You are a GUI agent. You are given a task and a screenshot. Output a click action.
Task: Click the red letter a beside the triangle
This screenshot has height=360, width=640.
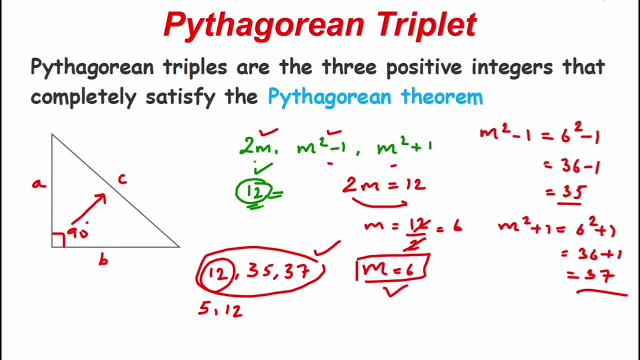38,184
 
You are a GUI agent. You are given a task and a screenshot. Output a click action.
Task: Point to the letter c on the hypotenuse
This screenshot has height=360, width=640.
122,178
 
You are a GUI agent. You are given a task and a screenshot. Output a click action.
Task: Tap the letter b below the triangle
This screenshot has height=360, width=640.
103,259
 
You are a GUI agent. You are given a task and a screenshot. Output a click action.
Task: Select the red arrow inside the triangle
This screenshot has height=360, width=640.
89,209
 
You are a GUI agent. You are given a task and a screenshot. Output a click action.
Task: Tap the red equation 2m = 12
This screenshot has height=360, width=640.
384,185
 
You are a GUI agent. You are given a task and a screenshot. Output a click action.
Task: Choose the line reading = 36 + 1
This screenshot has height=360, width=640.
591,254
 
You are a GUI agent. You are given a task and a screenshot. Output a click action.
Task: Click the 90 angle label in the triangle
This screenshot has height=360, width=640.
77,233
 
